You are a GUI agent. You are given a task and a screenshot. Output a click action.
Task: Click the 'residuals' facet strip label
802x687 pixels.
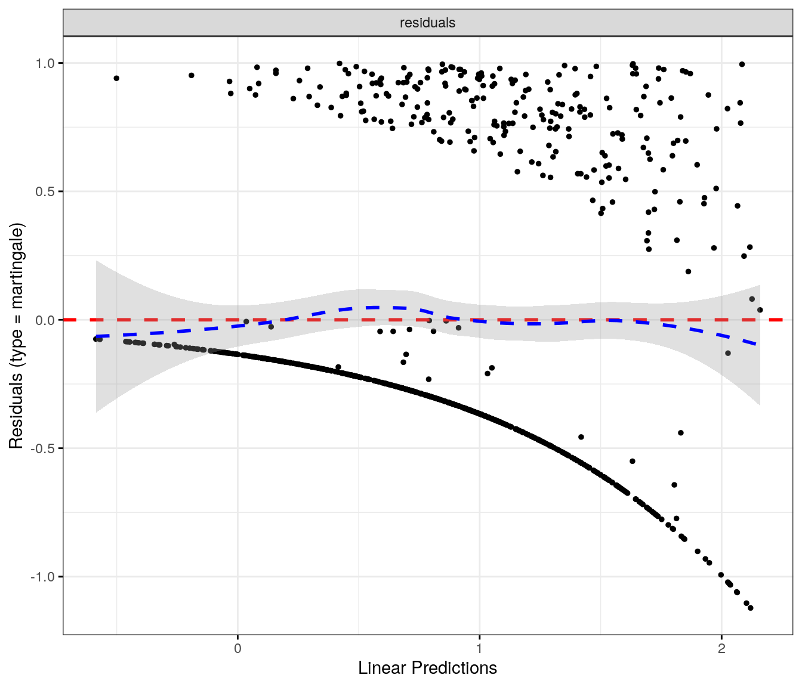[427, 23]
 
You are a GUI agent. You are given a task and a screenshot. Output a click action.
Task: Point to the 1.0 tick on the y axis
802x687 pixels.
[45, 63]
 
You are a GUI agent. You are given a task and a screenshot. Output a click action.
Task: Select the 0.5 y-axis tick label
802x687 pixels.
[45, 191]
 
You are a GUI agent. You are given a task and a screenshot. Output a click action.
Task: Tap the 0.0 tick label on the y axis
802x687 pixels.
[45, 320]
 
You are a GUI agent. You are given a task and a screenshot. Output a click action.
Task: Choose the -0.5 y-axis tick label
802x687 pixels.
[44, 448]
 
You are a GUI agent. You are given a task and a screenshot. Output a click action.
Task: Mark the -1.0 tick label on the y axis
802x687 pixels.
[44, 577]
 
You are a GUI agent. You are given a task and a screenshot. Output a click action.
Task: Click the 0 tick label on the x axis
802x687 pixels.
[237, 648]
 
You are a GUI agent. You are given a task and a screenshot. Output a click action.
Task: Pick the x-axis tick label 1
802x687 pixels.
[479, 648]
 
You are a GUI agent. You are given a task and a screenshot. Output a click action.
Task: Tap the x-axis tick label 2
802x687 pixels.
[721, 648]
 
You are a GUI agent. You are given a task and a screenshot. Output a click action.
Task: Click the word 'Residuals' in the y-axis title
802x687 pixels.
[16, 410]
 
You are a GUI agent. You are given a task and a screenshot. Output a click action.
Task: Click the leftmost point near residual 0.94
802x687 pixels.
[116, 78]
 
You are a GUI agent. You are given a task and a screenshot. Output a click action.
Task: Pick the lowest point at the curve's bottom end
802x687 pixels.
[750, 608]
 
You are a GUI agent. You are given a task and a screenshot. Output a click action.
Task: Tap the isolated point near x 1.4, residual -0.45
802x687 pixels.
[581, 437]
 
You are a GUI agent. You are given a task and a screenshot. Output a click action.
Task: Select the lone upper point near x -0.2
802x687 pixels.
[191, 75]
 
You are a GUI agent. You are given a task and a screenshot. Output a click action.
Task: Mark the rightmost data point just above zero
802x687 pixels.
[760, 310]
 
